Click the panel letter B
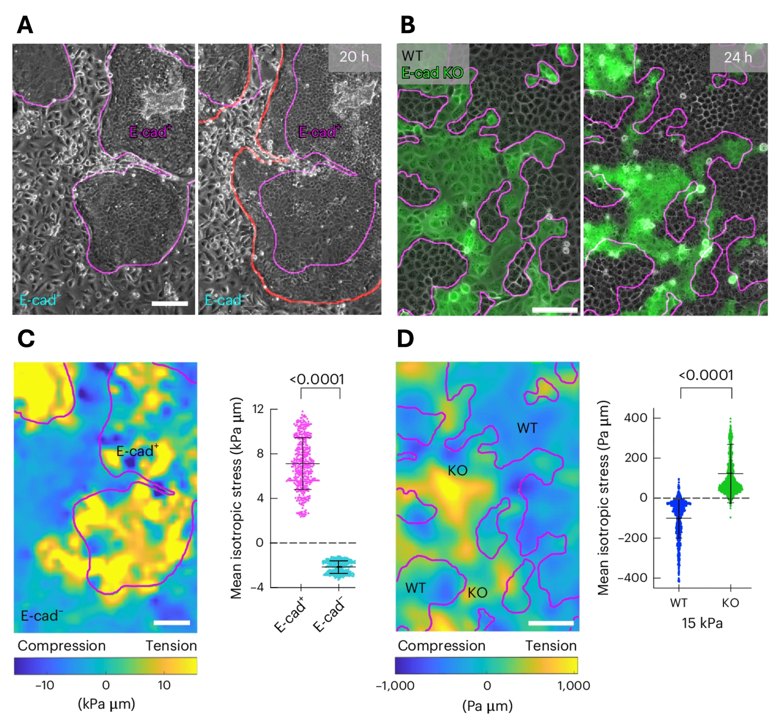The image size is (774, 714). point(407,26)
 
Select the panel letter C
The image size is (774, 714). point(26,339)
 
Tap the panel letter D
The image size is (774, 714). point(406,339)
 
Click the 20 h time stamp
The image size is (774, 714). point(354,57)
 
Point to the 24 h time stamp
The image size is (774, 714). point(737,57)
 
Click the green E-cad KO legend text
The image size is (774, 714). point(432,73)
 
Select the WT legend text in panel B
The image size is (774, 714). point(412,56)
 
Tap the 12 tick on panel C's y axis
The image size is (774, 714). point(258,409)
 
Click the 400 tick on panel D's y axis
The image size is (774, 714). point(636,418)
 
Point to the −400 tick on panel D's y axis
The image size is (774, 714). point(632,578)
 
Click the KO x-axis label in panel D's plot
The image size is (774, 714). point(730,603)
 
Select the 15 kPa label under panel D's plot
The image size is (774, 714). point(702,623)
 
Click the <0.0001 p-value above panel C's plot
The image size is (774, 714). point(317,379)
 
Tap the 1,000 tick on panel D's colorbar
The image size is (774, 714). point(573,685)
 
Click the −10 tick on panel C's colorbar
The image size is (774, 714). point(44,685)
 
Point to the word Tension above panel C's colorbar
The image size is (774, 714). point(171,646)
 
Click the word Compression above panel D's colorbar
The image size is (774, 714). point(441,646)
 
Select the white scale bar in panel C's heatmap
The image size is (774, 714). point(172,623)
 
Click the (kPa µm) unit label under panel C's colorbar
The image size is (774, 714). point(106,703)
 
